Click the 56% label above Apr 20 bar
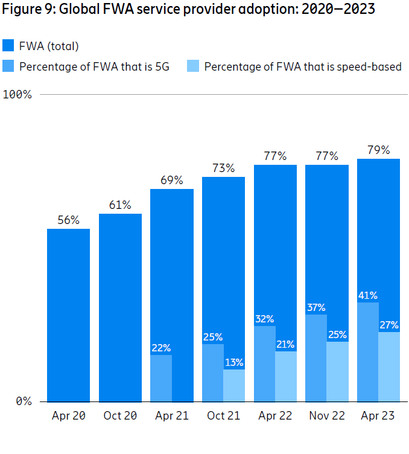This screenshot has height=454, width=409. click(x=68, y=220)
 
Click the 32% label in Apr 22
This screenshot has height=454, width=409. click(x=264, y=319)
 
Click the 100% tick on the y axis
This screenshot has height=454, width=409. click(x=18, y=94)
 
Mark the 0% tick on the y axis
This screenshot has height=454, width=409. click(x=23, y=401)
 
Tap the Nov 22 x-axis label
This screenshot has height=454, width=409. click(x=326, y=416)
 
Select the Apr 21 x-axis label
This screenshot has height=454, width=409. click(x=171, y=416)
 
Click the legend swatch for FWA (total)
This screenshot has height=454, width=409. click(x=9, y=46)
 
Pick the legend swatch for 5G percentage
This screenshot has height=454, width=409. click(x=9, y=66)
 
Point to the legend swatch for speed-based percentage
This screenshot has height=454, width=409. click(x=193, y=66)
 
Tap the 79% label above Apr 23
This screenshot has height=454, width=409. click(x=378, y=150)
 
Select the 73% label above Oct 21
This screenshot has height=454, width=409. click(x=223, y=168)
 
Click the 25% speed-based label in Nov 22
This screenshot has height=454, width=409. click(x=337, y=334)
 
